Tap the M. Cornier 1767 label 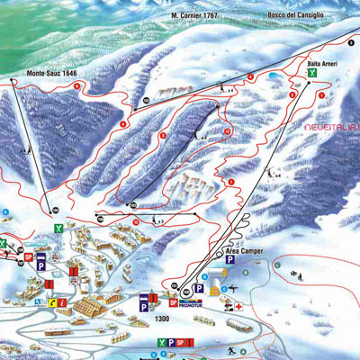click(195, 16)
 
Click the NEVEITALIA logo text click(332, 129)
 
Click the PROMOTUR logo click(190, 304)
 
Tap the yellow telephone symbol click(62, 302)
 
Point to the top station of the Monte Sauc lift click(12, 80)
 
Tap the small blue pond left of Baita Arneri click(268, 79)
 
